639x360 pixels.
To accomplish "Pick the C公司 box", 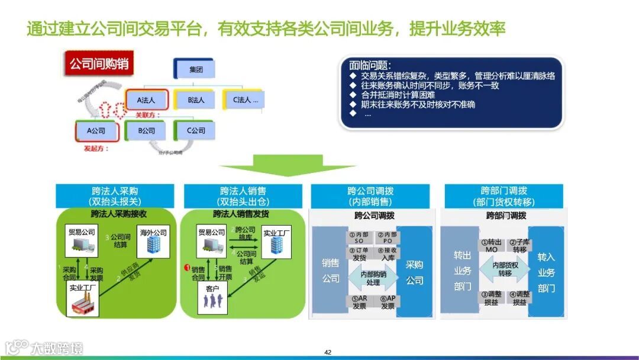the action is click(196, 130).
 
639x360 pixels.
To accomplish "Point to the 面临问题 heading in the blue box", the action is click(370, 65).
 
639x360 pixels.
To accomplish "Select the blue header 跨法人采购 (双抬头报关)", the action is click(115, 196).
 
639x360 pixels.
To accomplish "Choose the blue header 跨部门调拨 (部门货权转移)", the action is click(504, 196).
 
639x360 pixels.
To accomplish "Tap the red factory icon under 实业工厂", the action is click(84, 305).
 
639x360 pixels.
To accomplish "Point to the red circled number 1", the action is click(187, 268).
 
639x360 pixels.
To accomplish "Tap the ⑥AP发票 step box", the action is click(388, 302).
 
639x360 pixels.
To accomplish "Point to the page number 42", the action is click(328, 352).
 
